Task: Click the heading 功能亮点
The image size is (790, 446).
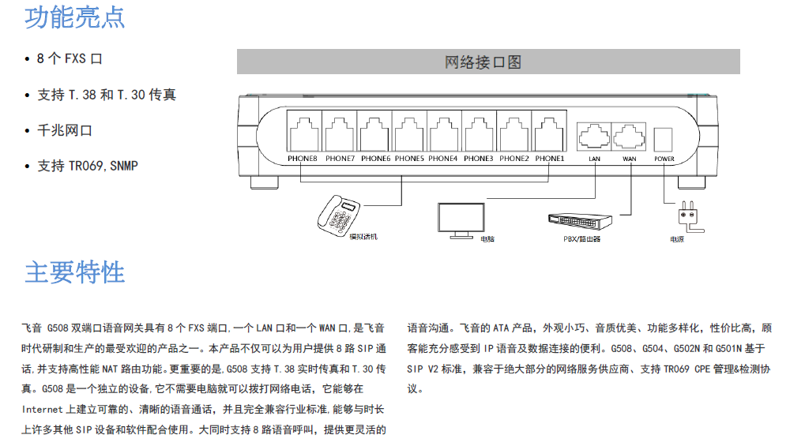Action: [74, 17]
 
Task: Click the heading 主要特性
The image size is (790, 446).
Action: [74, 272]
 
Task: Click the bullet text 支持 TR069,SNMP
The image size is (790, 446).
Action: [87, 166]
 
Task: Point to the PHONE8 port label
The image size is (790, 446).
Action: [303, 159]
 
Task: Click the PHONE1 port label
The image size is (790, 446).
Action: [550, 159]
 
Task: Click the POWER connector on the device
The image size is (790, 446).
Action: [664, 139]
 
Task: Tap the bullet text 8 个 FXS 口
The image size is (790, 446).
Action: [70, 59]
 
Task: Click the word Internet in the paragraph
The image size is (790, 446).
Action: [42, 409]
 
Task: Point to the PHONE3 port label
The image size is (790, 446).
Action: [479, 159]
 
